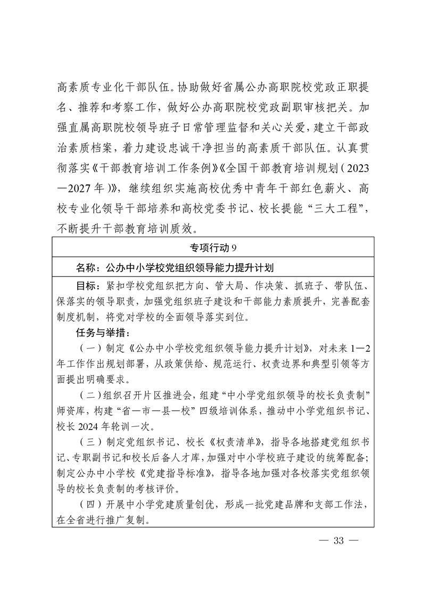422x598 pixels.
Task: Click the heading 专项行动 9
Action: coord(211,247)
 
